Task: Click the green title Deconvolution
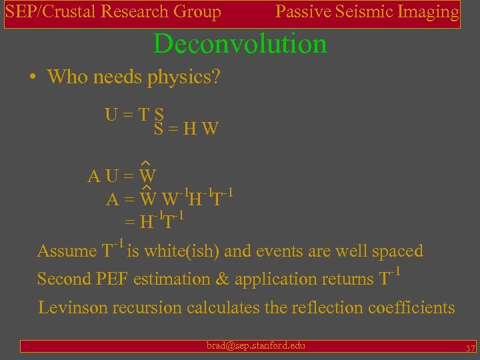coord(240,44)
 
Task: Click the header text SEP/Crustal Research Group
coord(113,12)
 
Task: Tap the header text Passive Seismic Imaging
coord(367,12)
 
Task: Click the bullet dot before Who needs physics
coord(33,77)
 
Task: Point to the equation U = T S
coord(135,114)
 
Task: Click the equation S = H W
coord(186,129)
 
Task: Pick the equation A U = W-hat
coord(122,175)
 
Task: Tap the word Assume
coord(67,251)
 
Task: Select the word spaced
coord(397,251)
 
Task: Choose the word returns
coord(347,279)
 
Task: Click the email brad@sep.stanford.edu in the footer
coord(255,345)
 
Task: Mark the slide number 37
coord(469,349)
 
